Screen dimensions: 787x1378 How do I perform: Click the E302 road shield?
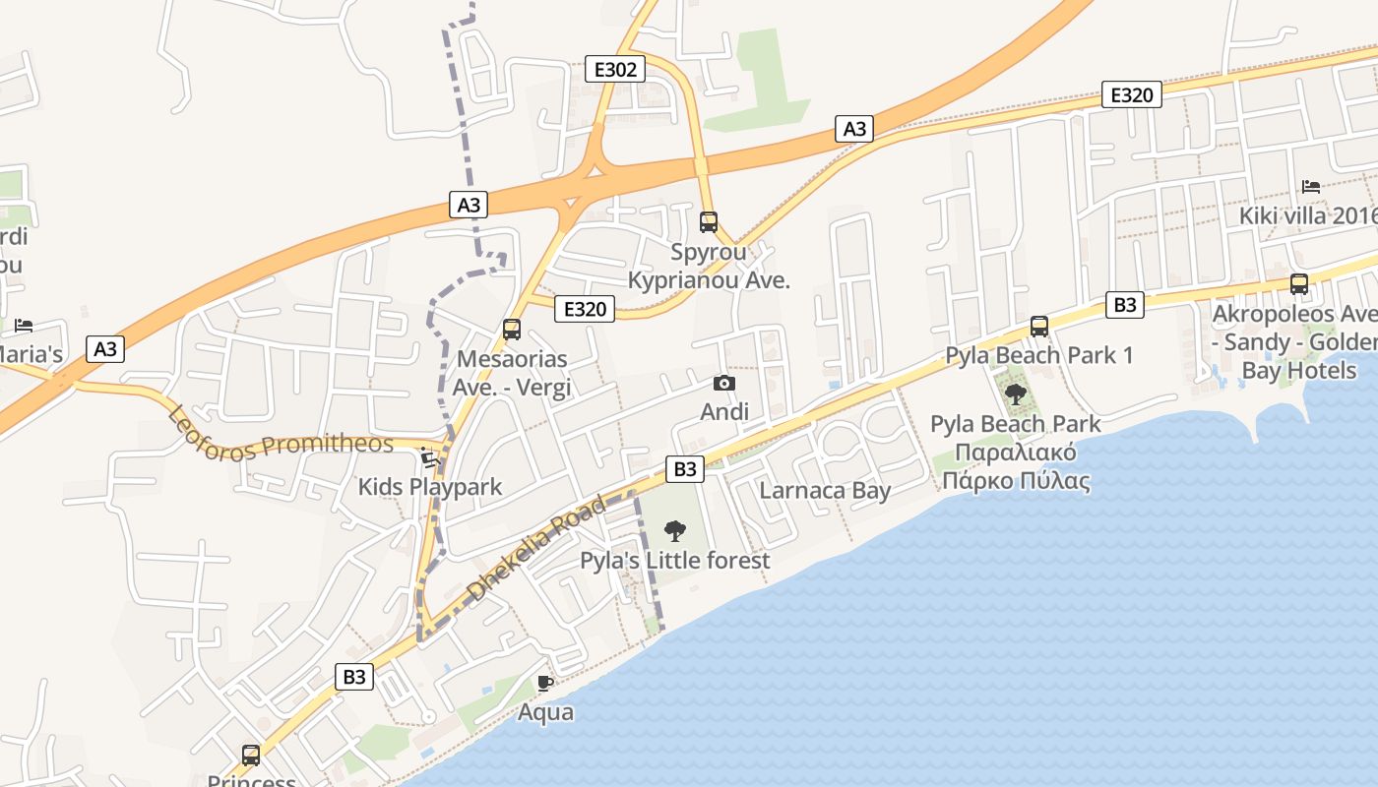[615, 69]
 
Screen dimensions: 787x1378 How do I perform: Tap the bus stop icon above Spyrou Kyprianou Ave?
[709, 222]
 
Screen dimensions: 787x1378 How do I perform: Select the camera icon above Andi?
[723, 384]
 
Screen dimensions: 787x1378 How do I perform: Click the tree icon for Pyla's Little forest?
[674, 531]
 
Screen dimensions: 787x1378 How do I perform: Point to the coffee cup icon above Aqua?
[545, 683]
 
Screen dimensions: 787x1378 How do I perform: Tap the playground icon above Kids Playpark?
[428, 457]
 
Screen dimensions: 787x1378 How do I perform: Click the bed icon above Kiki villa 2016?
[1310, 186]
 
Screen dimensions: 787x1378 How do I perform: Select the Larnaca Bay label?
[825, 491]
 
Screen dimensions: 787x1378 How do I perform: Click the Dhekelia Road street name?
[535, 549]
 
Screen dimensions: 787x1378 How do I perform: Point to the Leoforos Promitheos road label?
[281, 434]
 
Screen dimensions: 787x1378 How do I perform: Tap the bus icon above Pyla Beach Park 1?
[1039, 327]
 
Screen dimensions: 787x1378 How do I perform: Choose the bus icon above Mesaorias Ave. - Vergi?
[512, 330]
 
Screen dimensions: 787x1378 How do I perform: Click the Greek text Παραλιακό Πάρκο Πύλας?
[1016, 467]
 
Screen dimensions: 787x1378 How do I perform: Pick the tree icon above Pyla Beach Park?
[1016, 395]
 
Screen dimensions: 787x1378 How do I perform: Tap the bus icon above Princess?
[251, 756]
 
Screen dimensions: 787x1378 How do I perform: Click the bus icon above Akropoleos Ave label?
[1299, 284]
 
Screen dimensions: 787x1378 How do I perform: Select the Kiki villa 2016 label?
[1308, 215]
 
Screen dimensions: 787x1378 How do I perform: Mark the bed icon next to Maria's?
[24, 326]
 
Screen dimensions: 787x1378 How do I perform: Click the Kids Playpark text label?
[429, 487]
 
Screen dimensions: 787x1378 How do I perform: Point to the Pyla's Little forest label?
[674, 561]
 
